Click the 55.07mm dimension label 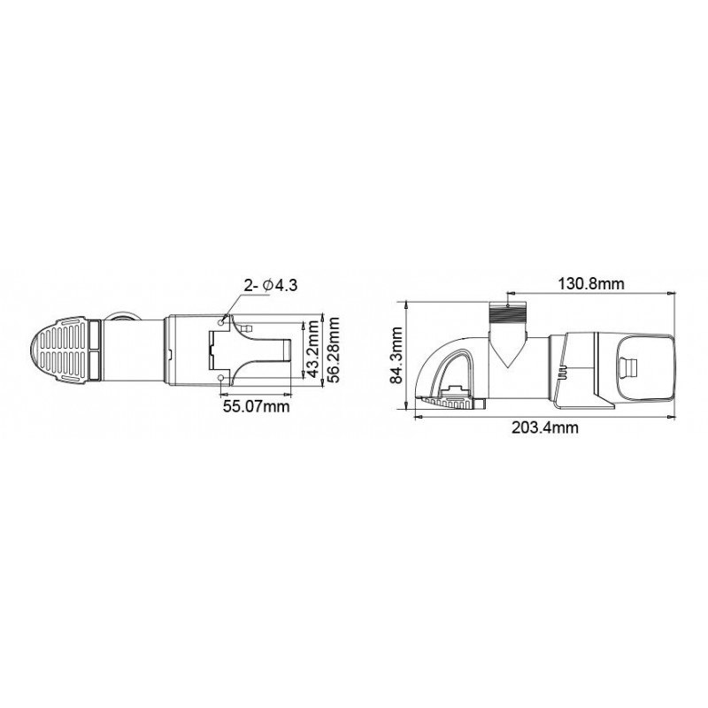(256, 406)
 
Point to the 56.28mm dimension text (334, 350)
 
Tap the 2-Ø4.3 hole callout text (271, 285)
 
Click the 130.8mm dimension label (591, 284)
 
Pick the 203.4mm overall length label (544, 427)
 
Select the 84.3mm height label (396, 355)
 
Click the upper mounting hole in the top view (220, 322)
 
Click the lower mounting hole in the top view (220, 377)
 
